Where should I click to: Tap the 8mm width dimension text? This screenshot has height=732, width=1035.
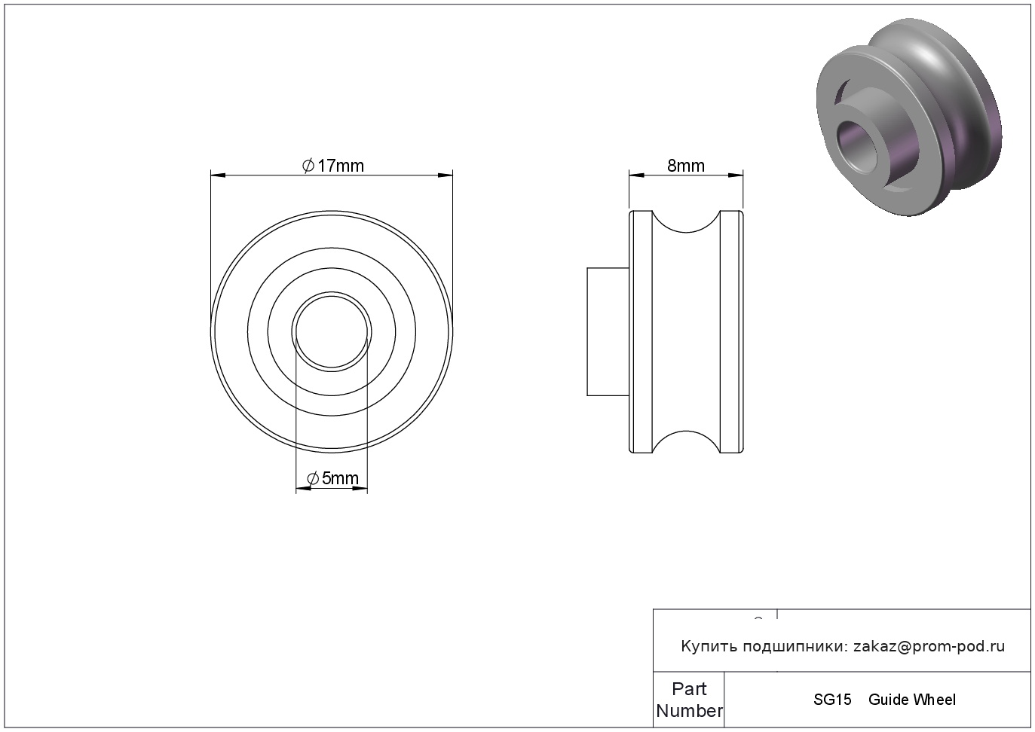[x=686, y=166]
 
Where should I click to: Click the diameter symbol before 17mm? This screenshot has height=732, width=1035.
[x=308, y=166]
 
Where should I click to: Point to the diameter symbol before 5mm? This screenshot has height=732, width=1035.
[x=313, y=479]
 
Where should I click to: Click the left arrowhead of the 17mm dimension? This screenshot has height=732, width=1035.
[x=218, y=175]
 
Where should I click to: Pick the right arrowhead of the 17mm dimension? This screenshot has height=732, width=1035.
[x=446, y=175]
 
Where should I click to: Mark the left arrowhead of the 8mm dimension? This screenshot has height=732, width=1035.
[x=637, y=175]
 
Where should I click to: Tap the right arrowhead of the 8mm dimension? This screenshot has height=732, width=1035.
[x=736, y=175]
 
